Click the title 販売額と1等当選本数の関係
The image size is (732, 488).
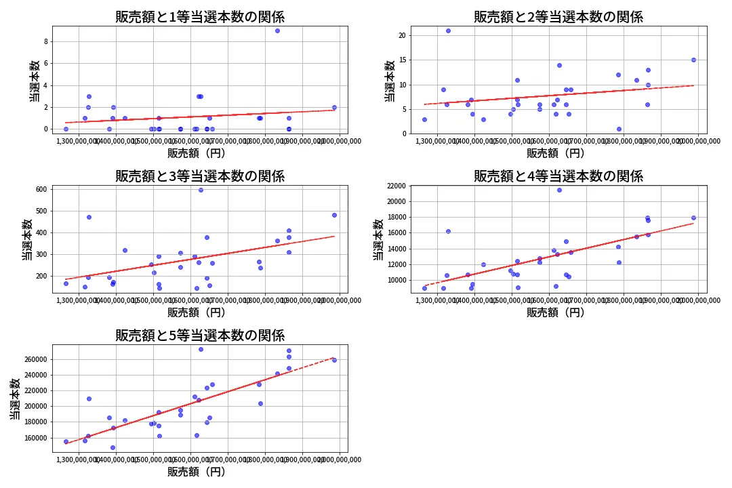[200, 17]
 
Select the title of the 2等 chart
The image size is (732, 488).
[558, 17]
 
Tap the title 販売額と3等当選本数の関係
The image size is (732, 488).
[200, 176]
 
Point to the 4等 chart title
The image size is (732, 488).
[558, 176]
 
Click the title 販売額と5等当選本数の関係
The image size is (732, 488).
[200, 335]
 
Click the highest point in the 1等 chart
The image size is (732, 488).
[277, 30]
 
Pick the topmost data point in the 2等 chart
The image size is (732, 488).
[448, 30]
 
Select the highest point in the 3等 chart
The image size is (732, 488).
[201, 190]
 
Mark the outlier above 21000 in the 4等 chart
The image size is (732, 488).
[559, 190]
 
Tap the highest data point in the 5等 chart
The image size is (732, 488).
[201, 349]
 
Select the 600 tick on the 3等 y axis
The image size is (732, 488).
[40, 189]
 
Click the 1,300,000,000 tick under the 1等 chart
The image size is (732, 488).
[79, 141]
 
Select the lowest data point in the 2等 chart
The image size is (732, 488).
[619, 129]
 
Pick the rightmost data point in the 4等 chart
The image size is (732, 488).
[693, 218]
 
